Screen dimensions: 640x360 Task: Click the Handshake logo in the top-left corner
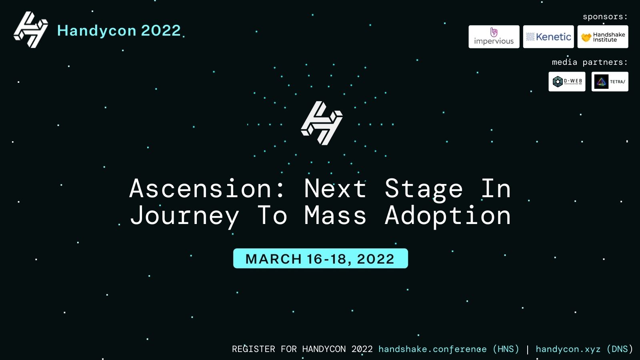31,30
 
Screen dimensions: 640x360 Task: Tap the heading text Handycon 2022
119,30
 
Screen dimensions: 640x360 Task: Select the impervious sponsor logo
494,37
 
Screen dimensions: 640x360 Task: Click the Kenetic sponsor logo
548,37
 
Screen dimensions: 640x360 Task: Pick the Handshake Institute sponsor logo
603,37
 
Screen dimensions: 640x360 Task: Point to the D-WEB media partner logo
567,82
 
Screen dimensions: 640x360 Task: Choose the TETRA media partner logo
610,82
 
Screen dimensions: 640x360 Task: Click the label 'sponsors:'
605,17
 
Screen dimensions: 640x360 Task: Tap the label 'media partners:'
590,62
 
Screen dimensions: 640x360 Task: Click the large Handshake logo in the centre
322,123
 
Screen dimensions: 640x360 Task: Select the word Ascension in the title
200,188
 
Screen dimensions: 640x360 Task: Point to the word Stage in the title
424,190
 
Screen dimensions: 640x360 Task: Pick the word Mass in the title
335,215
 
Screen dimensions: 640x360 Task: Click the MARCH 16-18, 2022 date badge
320,258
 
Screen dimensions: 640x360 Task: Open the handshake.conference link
432,349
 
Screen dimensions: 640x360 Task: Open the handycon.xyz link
568,349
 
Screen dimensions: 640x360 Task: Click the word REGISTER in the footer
254,349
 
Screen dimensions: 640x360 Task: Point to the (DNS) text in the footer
620,349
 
